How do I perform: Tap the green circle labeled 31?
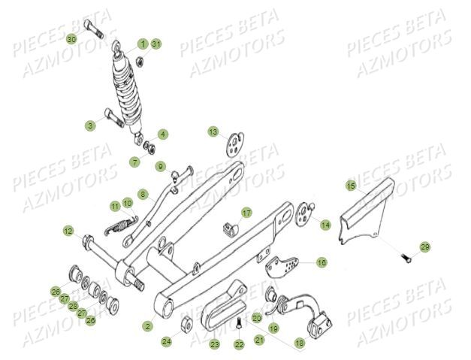156,44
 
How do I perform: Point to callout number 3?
89,124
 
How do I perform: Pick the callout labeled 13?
213,132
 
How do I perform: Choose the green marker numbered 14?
325,225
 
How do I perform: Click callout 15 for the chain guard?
350,185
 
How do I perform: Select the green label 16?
322,262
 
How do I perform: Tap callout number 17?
246,213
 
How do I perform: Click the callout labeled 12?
68,231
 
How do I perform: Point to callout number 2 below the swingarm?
147,326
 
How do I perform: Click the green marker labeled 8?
143,194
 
